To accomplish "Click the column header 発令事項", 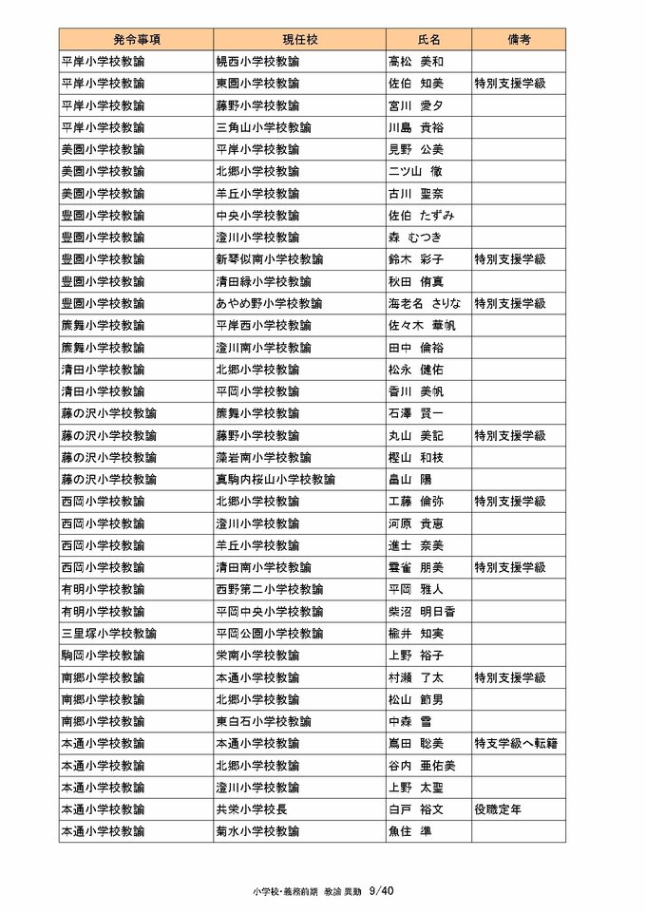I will tap(136, 40).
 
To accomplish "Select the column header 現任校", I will tap(299, 40).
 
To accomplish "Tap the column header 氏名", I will tap(429, 40).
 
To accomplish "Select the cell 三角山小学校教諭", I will tap(257, 127).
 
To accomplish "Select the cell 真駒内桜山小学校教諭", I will tap(275, 480).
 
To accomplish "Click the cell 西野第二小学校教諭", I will tap(270, 589).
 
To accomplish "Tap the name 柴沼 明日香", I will tap(422, 611).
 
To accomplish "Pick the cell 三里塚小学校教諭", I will tap(109, 633).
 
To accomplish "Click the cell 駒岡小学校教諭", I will tap(103, 656).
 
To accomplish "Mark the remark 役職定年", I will tap(498, 809).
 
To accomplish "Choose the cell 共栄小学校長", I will tap(252, 809).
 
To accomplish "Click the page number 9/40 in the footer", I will tap(381, 891).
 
